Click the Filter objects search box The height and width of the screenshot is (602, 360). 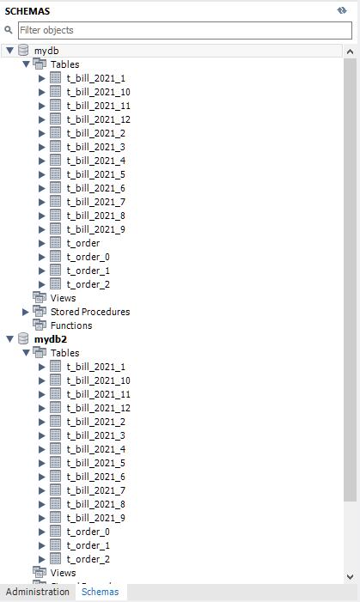pyautogui.click(x=185, y=30)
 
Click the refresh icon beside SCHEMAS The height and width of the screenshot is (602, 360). pyautogui.click(x=342, y=10)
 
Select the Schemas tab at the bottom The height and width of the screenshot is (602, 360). pyautogui.click(x=100, y=592)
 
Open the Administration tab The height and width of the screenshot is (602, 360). pyautogui.click(x=37, y=592)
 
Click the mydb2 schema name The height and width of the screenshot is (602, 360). pyautogui.click(x=51, y=339)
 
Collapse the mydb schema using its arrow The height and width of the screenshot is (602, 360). pyautogui.click(x=9, y=51)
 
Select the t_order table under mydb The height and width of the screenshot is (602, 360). pyautogui.click(x=83, y=243)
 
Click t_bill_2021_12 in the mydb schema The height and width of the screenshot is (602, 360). pyautogui.click(x=98, y=119)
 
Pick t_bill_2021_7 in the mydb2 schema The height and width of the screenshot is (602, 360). pyautogui.click(x=95, y=490)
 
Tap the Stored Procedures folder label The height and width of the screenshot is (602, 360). pyautogui.click(x=90, y=312)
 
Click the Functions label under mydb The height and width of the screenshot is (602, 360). pyautogui.click(x=71, y=325)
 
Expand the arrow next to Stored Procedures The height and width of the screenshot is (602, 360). pyautogui.click(x=26, y=312)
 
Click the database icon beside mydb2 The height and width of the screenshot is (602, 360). pyautogui.click(x=23, y=338)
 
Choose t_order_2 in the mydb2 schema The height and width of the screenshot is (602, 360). pyautogui.click(x=88, y=559)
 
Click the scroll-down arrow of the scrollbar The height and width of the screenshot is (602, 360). pyautogui.click(x=350, y=576)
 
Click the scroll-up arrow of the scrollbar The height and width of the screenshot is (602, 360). pyautogui.click(x=350, y=52)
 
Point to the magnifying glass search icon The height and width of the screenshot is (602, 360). pyautogui.click(x=9, y=29)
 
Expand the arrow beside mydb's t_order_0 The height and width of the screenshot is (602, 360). pyautogui.click(x=42, y=257)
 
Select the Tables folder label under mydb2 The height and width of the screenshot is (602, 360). pyautogui.click(x=65, y=353)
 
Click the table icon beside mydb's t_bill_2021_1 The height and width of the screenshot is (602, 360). pyautogui.click(x=55, y=78)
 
